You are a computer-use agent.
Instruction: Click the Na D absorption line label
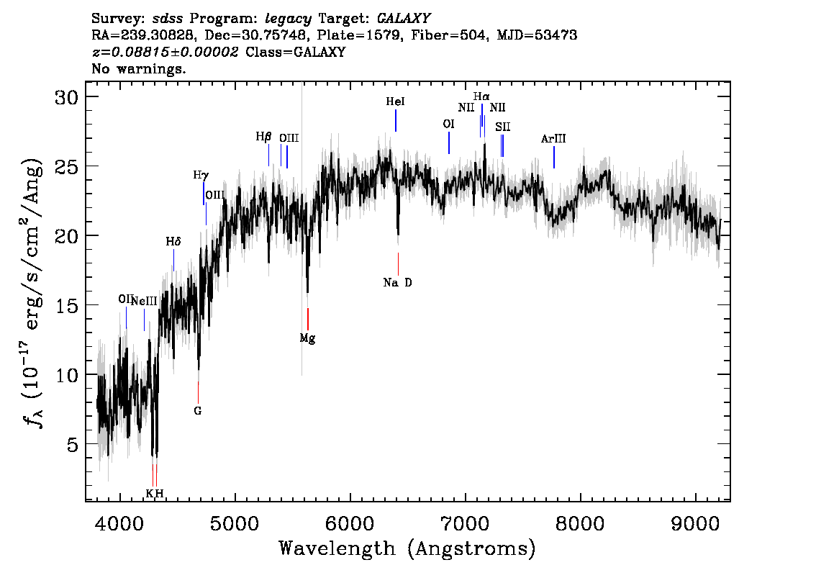398,283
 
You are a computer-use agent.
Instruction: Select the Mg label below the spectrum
307,338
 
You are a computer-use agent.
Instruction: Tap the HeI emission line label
396,101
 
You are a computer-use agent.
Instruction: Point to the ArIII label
553,138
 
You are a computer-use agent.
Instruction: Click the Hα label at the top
481,96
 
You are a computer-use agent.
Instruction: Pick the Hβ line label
264,137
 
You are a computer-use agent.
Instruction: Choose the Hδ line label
173,242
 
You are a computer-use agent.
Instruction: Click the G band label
198,411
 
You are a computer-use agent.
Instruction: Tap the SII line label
503,127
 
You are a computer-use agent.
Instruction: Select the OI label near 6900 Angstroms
448,124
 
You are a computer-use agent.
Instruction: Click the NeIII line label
144,301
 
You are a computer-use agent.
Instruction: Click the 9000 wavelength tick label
696,524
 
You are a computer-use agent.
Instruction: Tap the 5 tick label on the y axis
73,445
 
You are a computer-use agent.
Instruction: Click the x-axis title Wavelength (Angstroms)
407,548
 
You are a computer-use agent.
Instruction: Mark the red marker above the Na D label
398,264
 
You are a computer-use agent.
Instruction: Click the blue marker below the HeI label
396,121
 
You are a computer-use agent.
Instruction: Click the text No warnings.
138,68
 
